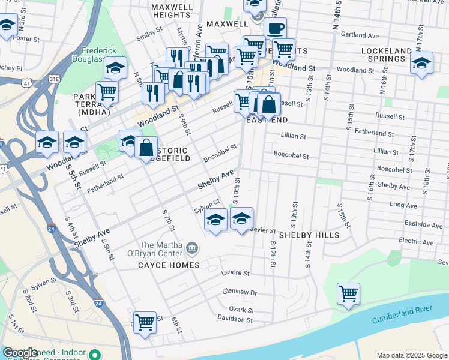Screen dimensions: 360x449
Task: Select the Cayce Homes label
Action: [x=169, y=265]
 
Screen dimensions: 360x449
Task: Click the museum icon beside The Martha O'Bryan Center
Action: [x=191, y=247]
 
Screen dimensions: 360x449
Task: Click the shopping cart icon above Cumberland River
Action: [x=348, y=294]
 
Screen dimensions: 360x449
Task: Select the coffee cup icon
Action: [x=275, y=28]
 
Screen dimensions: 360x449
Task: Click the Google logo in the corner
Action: [x=20, y=353]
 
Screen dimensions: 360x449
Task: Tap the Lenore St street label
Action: [x=235, y=273]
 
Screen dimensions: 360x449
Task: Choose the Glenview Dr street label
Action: [x=240, y=293]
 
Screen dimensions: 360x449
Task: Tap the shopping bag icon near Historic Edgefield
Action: [x=146, y=147]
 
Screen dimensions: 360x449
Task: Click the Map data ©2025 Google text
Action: [x=411, y=355]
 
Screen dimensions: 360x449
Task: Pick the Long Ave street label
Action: [x=403, y=205]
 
